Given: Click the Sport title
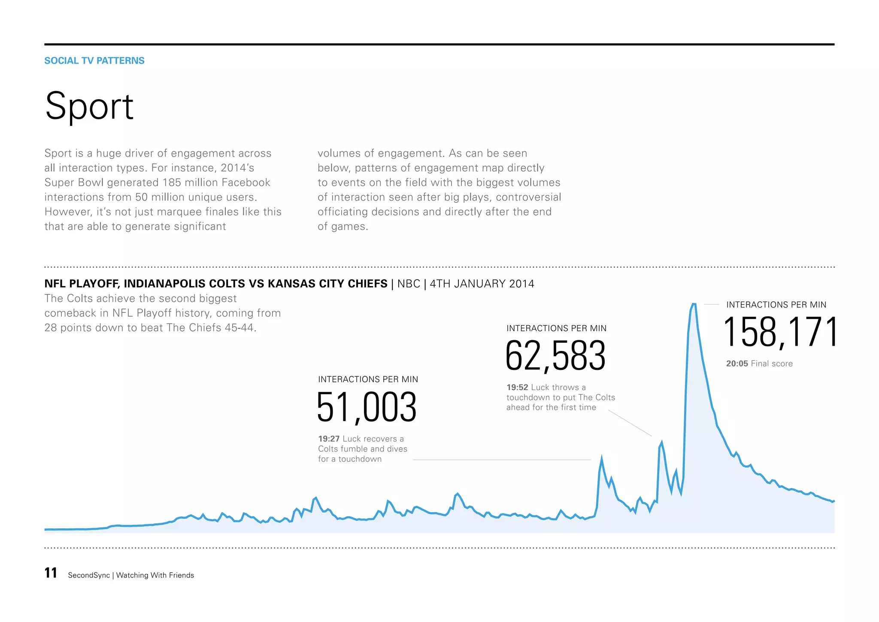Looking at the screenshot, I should pyautogui.click(x=89, y=106).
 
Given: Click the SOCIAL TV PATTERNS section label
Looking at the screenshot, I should pyautogui.click(x=94, y=61).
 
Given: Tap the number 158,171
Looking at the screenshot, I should pyautogui.click(x=780, y=332).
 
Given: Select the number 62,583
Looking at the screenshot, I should pyautogui.click(x=555, y=356).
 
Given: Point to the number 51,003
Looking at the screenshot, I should pyautogui.click(x=367, y=407).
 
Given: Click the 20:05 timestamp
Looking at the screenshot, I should pyautogui.click(x=737, y=364).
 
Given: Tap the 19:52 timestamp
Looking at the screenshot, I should pyautogui.click(x=517, y=387).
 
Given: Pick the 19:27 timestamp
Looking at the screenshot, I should pyautogui.click(x=329, y=439).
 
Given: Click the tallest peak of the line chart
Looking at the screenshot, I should pyautogui.click(x=694, y=304).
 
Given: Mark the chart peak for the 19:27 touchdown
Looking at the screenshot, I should pyautogui.click(x=601, y=457).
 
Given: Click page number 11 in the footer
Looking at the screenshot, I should pyautogui.click(x=51, y=573).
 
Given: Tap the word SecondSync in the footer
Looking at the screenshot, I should pyautogui.click(x=89, y=576).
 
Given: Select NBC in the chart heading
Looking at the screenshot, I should pyautogui.click(x=409, y=284).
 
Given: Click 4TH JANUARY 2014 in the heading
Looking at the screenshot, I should pyautogui.click(x=482, y=284).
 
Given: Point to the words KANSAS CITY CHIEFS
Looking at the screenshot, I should pyautogui.click(x=327, y=284).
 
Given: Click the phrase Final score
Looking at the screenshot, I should pyautogui.click(x=771, y=364).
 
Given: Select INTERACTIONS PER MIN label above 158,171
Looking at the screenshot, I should pyautogui.click(x=776, y=305).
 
